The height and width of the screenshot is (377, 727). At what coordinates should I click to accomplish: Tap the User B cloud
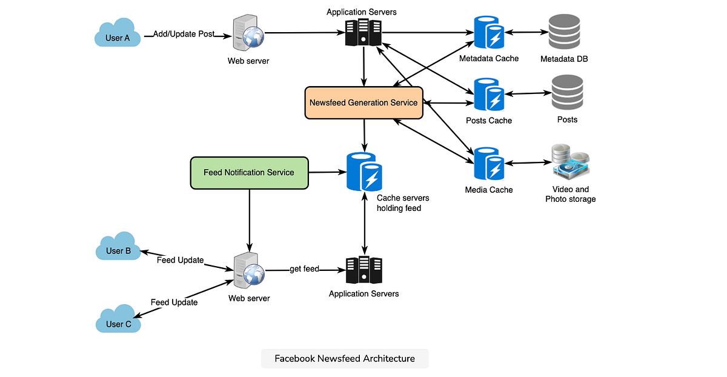click(118, 248)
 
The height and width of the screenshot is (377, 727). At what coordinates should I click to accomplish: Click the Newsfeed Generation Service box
click(363, 102)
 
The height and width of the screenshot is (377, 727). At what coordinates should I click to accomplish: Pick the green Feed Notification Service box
click(249, 172)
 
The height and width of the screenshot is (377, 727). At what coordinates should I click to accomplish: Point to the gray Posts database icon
click(567, 93)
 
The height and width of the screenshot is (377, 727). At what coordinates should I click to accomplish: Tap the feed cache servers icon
click(364, 172)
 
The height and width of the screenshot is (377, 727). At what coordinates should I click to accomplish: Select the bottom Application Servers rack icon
click(363, 270)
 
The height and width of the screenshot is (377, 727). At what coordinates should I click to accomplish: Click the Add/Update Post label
click(183, 34)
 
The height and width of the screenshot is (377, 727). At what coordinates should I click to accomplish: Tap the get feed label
click(304, 269)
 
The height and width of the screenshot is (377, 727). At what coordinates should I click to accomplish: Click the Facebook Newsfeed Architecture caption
click(345, 358)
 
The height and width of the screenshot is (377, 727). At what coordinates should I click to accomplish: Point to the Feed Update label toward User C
click(174, 302)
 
